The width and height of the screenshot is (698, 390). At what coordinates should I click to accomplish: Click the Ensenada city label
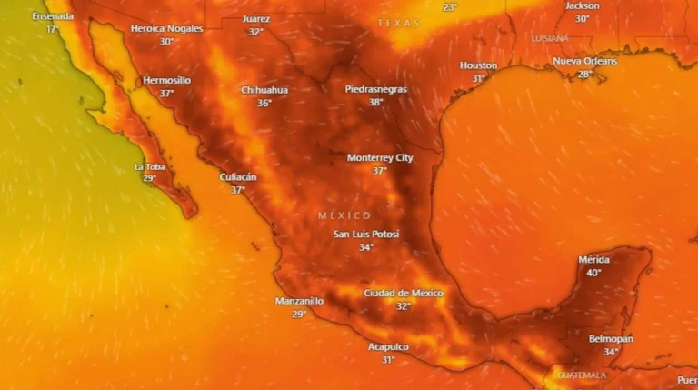tap(52, 16)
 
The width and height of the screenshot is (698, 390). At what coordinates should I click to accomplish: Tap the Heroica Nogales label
tap(166, 28)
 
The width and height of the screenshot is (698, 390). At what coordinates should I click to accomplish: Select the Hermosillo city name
tap(166, 80)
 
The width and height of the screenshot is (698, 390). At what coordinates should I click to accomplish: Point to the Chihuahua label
tap(264, 90)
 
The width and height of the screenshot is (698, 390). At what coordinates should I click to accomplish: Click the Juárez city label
tap(256, 19)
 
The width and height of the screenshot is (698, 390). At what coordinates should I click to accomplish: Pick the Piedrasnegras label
tap(376, 89)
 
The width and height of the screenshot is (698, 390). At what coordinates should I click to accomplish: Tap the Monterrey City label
tap(380, 157)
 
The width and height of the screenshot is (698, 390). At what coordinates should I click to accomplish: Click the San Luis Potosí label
tap(366, 234)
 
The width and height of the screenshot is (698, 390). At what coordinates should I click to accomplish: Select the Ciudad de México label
tap(404, 293)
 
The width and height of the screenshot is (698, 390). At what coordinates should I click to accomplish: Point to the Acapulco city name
tap(388, 346)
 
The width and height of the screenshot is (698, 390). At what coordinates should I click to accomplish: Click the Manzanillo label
tap(299, 301)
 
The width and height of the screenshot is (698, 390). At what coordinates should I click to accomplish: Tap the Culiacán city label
tap(238, 177)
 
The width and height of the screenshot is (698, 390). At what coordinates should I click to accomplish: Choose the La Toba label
tap(150, 166)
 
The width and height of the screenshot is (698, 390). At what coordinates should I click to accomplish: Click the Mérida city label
tap(594, 260)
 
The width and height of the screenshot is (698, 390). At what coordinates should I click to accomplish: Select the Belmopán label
tap(611, 338)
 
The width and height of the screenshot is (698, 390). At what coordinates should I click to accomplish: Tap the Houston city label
tap(478, 65)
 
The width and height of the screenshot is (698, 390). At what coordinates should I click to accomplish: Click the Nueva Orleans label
tap(585, 61)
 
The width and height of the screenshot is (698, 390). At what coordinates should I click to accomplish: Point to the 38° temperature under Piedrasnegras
tap(376, 103)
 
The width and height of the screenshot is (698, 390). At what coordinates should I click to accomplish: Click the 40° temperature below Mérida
tap(594, 273)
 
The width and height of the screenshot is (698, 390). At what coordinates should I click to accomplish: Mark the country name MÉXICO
tap(344, 215)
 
